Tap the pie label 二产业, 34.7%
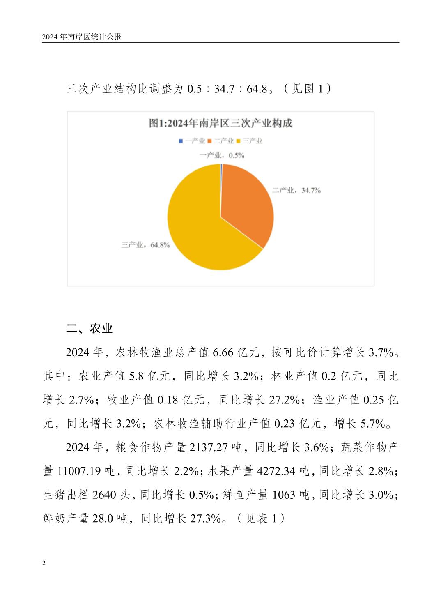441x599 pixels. pos(296,190)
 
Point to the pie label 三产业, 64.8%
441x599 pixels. pos(145,245)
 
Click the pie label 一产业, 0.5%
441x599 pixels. pos(222,155)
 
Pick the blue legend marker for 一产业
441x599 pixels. pos(181,141)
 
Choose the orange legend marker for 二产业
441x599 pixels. pos(209,141)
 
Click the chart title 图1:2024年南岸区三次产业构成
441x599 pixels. pos(220,123)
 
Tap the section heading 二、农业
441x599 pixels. pos(89,328)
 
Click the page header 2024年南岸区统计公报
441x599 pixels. pos(82,37)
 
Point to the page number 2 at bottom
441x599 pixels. pos(44,563)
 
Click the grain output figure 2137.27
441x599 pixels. pos(209,447)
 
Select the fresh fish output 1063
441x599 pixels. pos(284,495)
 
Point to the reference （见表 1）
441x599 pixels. pos(261,518)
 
